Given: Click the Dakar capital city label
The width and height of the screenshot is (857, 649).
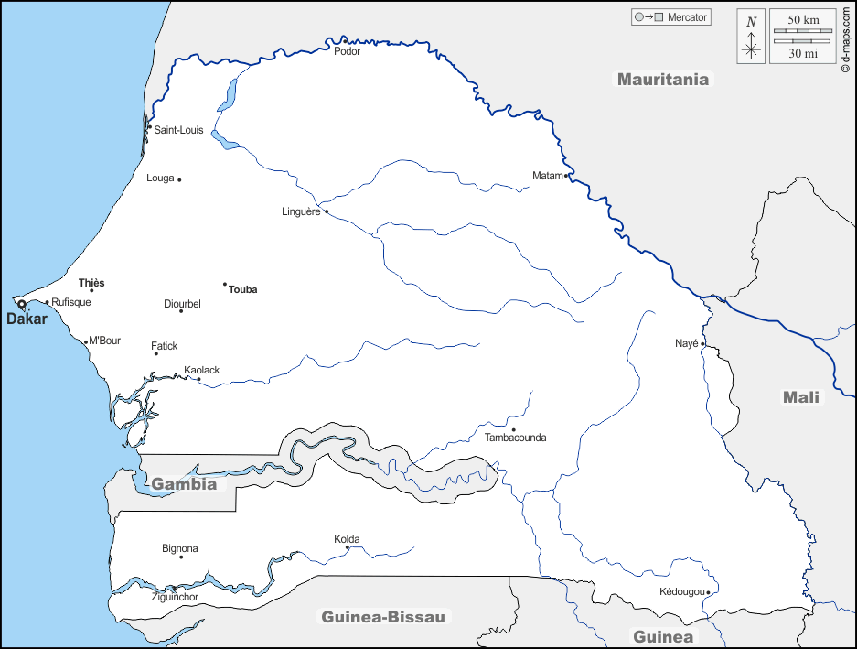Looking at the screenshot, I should pyautogui.click(x=27, y=319).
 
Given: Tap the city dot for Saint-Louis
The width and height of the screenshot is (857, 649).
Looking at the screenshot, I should pyautogui.click(x=150, y=127).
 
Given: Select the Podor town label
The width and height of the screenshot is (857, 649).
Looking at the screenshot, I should pyautogui.click(x=348, y=51).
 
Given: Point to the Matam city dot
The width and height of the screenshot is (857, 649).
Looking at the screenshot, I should pyautogui.click(x=566, y=175).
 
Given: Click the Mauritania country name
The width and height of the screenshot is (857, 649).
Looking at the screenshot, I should pyautogui.click(x=662, y=79).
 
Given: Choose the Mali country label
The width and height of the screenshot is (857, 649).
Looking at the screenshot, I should pyautogui.click(x=801, y=397).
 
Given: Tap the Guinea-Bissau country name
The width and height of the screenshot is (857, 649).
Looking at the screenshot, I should pyautogui.click(x=383, y=617).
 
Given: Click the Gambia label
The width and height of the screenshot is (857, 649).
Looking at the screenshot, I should pyautogui.click(x=184, y=484).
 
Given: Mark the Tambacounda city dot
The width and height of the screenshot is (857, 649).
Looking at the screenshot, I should pyautogui.click(x=513, y=429).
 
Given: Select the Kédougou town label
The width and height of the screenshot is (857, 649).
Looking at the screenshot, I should pyautogui.click(x=681, y=591).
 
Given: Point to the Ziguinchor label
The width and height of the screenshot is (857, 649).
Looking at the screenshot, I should pyautogui.click(x=175, y=597).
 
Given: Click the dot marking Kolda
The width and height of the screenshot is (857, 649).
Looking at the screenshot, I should pyautogui.click(x=348, y=547).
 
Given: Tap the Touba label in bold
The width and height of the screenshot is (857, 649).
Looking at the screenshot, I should pyautogui.click(x=243, y=289).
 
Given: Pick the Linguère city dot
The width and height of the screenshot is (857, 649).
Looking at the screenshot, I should pyautogui.click(x=327, y=211).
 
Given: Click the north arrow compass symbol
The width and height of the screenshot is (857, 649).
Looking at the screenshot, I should pyautogui.click(x=751, y=37).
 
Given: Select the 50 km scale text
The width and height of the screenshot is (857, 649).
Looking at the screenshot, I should pyautogui.click(x=803, y=20).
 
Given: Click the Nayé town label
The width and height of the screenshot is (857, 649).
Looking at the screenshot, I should pyautogui.click(x=687, y=343).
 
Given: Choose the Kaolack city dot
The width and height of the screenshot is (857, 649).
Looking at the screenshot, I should pyautogui.click(x=198, y=379).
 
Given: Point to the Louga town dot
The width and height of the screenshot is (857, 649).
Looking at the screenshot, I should pyautogui.click(x=179, y=179).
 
